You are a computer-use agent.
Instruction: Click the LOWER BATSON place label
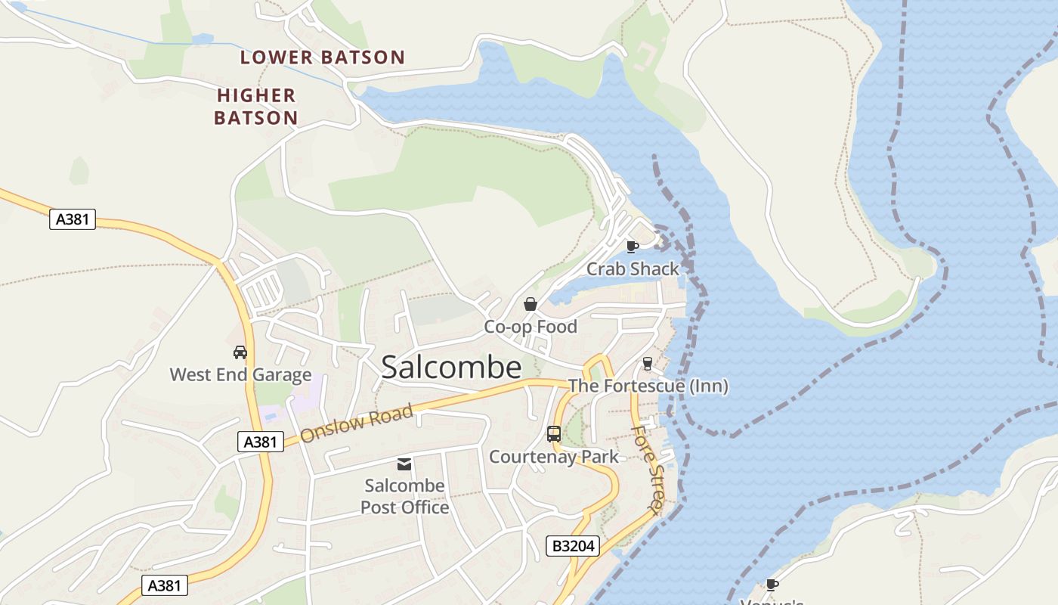(323, 57)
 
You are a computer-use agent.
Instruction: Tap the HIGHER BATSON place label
(256, 107)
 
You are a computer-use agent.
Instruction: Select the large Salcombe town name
(451, 368)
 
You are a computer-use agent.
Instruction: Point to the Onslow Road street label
(357, 424)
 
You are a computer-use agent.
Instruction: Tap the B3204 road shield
(573, 546)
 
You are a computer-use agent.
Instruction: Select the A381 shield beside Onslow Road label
(261, 442)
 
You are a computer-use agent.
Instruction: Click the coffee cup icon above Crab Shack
(633, 247)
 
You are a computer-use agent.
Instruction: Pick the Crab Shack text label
(633, 269)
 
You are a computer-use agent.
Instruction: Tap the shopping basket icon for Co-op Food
(531, 304)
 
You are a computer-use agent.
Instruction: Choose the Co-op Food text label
(531, 327)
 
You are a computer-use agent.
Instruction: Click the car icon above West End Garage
(240, 352)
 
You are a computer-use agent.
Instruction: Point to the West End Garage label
(240, 374)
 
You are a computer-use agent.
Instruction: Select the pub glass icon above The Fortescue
(647, 364)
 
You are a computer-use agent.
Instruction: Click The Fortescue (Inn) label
(648, 386)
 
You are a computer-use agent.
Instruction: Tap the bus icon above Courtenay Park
(554, 434)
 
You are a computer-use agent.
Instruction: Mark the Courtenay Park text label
(554, 457)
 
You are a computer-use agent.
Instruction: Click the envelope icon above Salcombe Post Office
(405, 464)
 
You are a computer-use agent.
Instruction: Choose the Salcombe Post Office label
(405, 496)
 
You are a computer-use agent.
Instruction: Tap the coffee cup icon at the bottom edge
(772, 585)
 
